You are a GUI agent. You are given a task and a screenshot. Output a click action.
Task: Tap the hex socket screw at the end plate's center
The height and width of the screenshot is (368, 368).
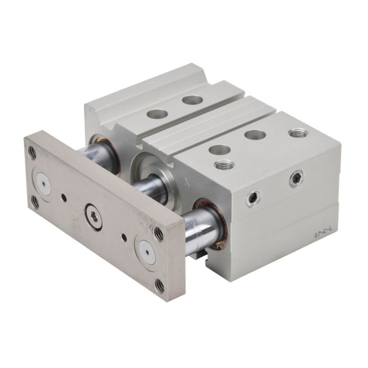(x=94, y=217)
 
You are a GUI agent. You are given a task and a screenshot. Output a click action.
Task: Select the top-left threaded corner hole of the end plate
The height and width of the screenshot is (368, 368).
(x=33, y=152)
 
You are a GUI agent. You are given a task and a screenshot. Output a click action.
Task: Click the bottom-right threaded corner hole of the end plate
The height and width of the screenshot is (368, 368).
(x=160, y=286)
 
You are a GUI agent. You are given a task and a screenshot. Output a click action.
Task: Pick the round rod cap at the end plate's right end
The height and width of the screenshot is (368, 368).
(x=147, y=252)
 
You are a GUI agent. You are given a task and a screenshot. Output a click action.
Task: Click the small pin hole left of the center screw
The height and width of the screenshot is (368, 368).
(x=64, y=196)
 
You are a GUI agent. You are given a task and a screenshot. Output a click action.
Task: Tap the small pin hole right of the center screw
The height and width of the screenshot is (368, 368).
(x=125, y=238)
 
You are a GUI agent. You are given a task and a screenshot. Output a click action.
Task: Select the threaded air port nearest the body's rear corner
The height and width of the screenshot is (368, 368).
(x=298, y=134)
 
